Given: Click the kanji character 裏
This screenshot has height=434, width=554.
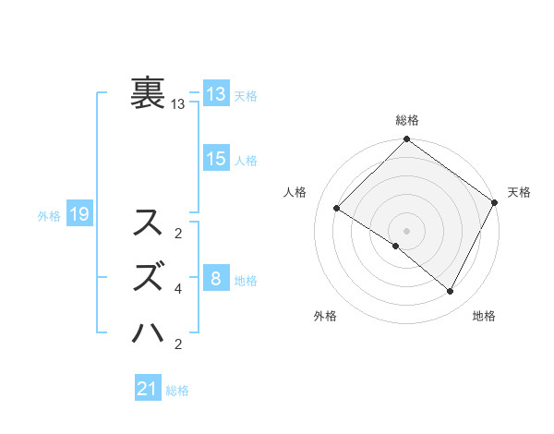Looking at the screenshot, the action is (x=149, y=93).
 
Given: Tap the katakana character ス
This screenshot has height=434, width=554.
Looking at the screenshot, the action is (x=150, y=223).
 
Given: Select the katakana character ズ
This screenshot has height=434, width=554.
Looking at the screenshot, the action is (x=150, y=276).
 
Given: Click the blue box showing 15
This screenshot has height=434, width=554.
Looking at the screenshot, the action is (x=215, y=159).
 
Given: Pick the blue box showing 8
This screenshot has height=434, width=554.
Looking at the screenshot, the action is (x=215, y=278).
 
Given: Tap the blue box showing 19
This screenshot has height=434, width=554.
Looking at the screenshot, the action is (x=78, y=215).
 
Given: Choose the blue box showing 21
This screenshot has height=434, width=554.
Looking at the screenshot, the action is (x=148, y=389).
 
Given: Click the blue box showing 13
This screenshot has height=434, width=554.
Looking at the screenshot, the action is (x=215, y=94).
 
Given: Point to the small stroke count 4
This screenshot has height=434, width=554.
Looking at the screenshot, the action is (x=178, y=289).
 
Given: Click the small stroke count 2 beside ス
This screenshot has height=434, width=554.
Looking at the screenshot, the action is (x=178, y=233).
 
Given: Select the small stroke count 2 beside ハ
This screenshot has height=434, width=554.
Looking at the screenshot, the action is (x=178, y=344).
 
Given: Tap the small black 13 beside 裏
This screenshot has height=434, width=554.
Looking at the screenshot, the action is (x=178, y=104).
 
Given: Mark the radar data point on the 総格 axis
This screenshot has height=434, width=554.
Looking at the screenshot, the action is (x=406, y=140).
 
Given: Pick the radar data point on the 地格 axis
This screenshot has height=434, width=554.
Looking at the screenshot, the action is (x=451, y=292).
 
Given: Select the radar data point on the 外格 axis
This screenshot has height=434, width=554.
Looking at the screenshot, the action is (x=396, y=246).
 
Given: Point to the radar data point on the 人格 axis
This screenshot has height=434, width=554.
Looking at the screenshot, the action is (x=337, y=209).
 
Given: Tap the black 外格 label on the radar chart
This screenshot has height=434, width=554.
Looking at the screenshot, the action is (x=325, y=316).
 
